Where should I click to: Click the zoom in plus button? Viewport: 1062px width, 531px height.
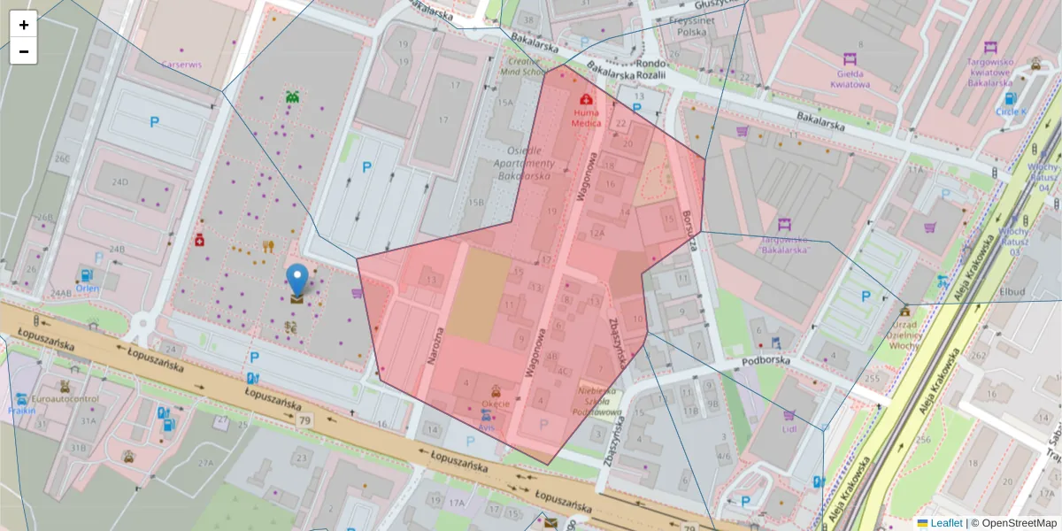point(24,25)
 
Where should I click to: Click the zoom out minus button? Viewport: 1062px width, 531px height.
point(24,51)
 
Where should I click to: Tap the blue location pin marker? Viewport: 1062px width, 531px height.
point(297,280)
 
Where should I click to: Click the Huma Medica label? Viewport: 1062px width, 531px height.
point(586,119)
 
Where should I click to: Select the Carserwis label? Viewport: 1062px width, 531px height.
point(181,65)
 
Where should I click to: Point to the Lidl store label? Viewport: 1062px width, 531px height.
point(789,429)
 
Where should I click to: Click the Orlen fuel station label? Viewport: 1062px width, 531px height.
point(87,288)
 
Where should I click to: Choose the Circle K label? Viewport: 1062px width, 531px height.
point(1011,112)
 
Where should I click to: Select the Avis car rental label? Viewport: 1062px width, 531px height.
point(486,427)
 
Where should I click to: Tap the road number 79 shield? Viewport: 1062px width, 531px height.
point(305,419)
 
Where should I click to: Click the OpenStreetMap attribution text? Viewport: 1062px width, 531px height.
point(1019,523)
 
